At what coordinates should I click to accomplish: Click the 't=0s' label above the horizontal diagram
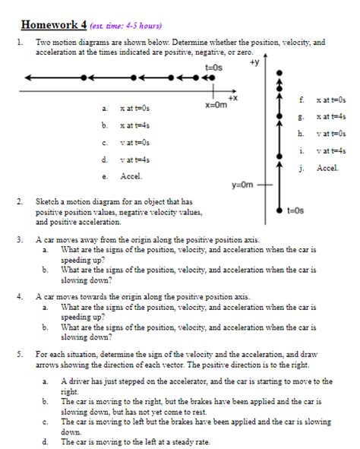(x=214, y=68)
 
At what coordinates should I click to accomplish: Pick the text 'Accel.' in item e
(x=131, y=176)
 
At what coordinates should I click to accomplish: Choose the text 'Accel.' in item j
(x=327, y=167)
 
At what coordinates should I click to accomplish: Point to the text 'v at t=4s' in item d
(x=134, y=160)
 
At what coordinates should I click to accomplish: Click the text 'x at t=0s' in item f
(x=331, y=100)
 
